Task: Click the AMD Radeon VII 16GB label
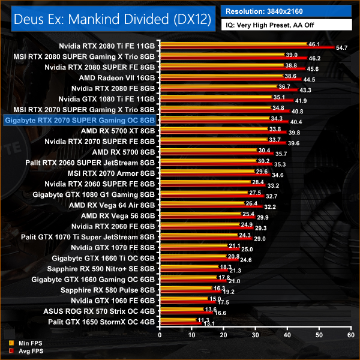[x=117, y=77]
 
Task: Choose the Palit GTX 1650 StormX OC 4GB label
[x=100, y=322]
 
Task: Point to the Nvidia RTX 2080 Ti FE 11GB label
[x=107, y=45]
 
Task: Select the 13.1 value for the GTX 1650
[x=208, y=325]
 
